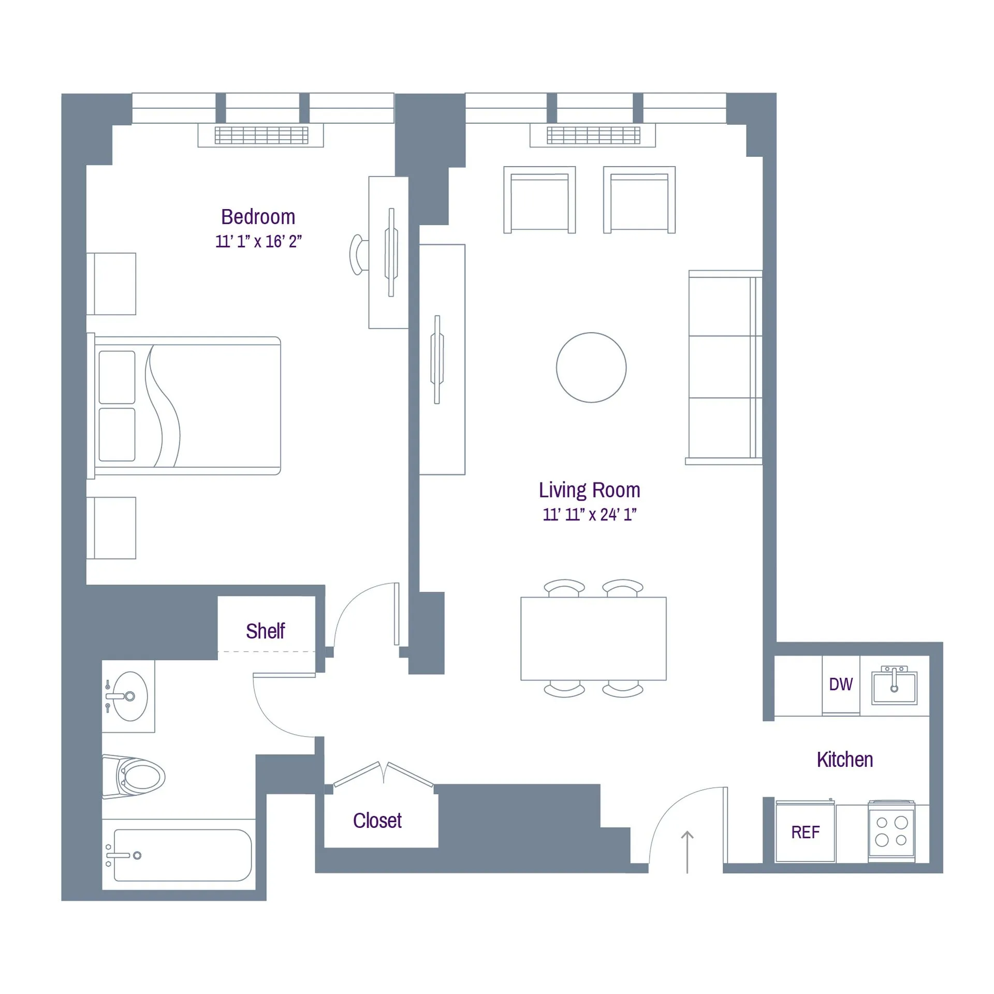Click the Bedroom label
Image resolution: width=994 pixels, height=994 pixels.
coord(258,217)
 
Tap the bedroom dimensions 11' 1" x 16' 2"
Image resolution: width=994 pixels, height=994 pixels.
coord(258,241)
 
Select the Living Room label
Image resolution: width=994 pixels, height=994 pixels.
coord(589,490)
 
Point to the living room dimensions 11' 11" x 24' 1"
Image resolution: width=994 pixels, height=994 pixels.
coord(589,514)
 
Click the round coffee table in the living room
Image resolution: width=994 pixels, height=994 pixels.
coord(591,367)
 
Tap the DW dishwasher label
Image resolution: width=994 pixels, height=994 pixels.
coord(841,684)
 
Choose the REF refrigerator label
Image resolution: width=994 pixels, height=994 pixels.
coord(805,832)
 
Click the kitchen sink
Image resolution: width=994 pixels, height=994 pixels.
coord(894,688)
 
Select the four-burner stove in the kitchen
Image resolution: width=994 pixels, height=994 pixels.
coord(891,831)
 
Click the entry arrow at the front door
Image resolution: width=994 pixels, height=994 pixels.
coord(687,852)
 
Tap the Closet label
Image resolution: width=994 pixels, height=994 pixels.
coord(377,821)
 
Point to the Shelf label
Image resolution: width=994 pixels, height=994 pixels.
coord(265,631)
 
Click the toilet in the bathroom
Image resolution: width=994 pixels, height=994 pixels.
coord(137,777)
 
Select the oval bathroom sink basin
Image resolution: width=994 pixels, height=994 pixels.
coord(130,696)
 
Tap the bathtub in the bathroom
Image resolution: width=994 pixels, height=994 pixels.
coord(182,855)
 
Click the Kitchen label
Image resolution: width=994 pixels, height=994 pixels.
coord(845,759)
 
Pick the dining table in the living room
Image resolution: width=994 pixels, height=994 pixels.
coord(593,638)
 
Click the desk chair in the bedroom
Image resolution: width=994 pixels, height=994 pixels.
coord(357,255)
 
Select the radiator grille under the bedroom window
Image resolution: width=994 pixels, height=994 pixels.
coord(261,135)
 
